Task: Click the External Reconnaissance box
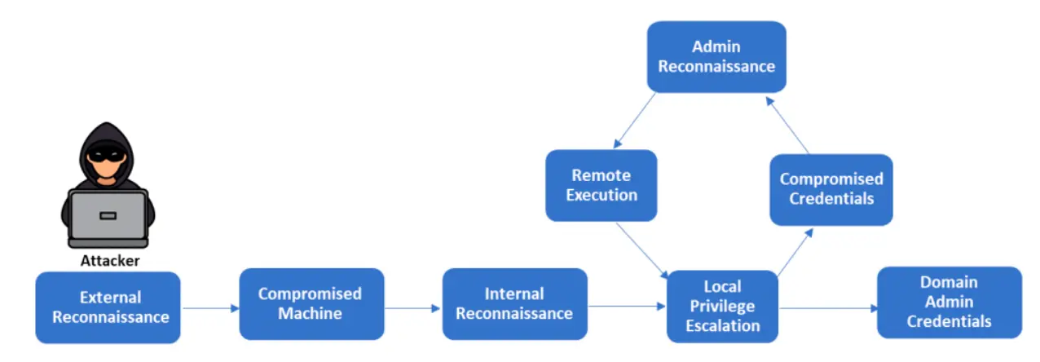(108, 307)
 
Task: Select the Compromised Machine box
(311, 304)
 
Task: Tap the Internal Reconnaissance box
(515, 304)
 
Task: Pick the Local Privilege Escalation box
(722, 307)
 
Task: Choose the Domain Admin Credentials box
(950, 302)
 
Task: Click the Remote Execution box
(602, 185)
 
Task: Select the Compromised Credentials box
(831, 190)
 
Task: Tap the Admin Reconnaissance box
(716, 57)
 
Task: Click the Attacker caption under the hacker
(110, 261)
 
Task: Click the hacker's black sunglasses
(107, 154)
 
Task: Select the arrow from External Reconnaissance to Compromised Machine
(211, 308)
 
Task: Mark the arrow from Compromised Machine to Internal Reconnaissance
(412, 308)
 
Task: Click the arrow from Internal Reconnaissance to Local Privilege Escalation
(627, 307)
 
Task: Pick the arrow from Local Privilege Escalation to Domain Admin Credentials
(829, 308)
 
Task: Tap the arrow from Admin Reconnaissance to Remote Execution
(634, 121)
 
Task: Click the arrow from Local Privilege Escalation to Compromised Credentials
(795, 252)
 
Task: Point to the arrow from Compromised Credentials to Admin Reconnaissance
(787, 125)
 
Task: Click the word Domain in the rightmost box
(949, 282)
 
